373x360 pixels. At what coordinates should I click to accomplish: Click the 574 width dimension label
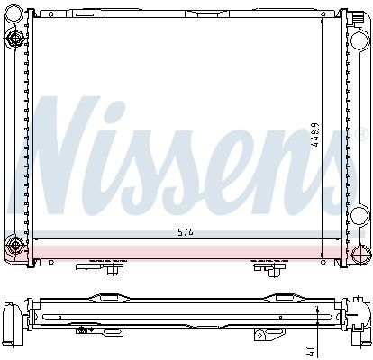186,232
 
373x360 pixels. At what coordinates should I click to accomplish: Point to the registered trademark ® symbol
363,134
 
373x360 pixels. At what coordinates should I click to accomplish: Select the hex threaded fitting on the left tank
14,38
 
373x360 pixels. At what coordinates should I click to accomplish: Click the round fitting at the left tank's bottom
14,246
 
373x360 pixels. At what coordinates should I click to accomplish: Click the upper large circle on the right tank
359,40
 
